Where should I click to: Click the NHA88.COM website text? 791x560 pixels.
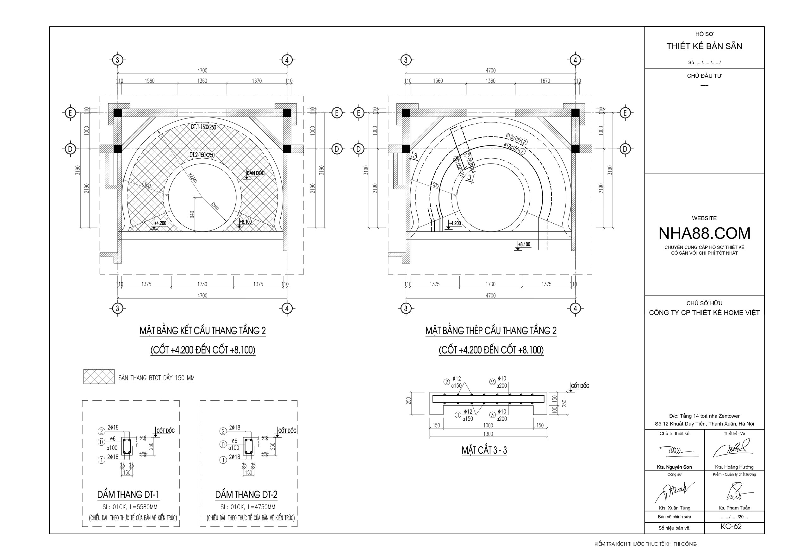(704, 233)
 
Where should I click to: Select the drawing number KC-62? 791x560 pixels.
(731, 526)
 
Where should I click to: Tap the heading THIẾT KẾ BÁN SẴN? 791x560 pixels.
(704, 46)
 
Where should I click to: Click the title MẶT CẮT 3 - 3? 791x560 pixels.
(484, 450)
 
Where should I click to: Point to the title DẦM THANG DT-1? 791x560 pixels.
(128, 495)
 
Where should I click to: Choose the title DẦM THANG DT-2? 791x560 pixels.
(246, 495)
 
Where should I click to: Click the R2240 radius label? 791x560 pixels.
(193, 178)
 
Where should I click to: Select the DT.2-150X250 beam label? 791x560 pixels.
(202, 155)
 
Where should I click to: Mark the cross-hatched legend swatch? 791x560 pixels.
(99, 377)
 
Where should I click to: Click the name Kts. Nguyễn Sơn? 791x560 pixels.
(674, 467)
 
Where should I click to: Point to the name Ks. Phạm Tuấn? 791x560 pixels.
(734, 508)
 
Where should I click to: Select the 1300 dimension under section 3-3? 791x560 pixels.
(488, 434)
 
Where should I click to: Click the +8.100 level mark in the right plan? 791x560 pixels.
(524, 245)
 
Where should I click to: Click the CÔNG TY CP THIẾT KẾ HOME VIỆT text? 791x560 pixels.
(704, 313)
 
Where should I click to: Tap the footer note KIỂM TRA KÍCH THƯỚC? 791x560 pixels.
(645, 544)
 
